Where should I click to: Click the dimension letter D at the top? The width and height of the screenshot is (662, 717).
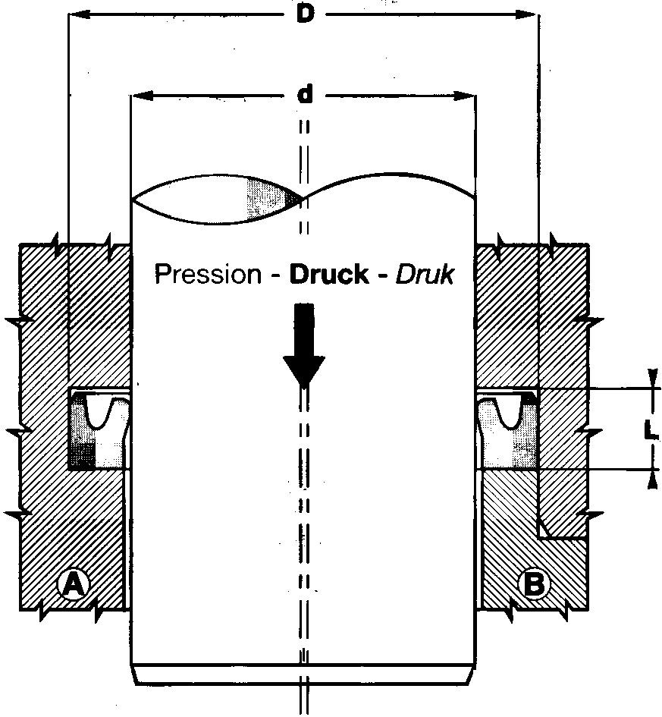(x=305, y=14)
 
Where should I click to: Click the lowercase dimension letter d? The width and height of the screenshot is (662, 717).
(x=305, y=95)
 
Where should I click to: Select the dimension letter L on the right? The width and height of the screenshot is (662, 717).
(x=651, y=430)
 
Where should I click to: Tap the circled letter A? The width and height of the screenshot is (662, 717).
(x=72, y=584)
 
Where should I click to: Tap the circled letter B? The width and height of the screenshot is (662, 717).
(x=535, y=584)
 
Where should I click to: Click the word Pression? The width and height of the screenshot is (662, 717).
(x=208, y=274)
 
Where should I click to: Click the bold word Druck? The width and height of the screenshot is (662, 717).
(x=329, y=274)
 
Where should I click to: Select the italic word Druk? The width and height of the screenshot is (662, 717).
(x=425, y=274)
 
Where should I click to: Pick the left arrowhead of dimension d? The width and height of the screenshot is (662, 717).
(x=142, y=96)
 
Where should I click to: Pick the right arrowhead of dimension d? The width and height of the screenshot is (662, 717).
(x=464, y=96)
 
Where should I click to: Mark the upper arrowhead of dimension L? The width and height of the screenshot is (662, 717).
(x=652, y=378)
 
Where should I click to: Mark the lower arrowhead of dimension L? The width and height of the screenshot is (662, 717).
(x=653, y=479)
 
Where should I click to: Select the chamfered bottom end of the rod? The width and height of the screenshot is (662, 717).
(x=304, y=675)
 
